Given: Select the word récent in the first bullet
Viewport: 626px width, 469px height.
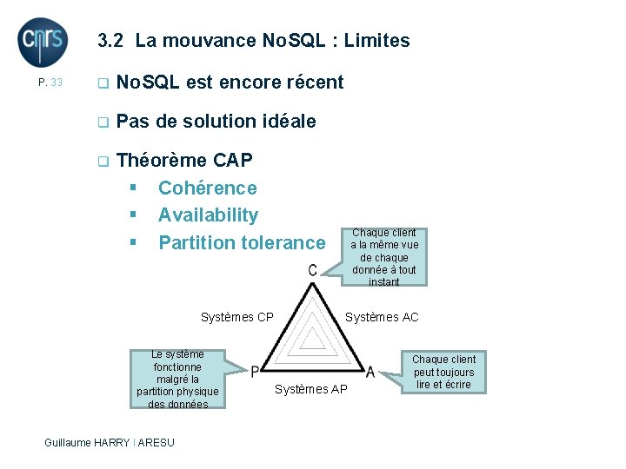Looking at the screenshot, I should pos(311,83).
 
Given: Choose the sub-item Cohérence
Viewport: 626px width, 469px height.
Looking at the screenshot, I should pos(207,188).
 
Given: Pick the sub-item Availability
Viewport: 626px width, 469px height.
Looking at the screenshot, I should pos(208,215).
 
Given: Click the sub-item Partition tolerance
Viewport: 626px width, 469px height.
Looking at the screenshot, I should pos(241,242).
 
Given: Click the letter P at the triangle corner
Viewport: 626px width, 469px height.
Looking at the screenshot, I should pos(255,372).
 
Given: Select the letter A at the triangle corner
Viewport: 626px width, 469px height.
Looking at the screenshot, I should pos(370,372).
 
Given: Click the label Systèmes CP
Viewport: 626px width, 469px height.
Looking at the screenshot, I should pos(236,317).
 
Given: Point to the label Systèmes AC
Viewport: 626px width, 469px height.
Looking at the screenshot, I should pos(382,317).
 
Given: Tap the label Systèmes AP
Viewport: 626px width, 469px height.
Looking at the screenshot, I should pos(310,389).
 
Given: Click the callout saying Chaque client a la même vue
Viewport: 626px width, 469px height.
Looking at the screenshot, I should pos(383,257).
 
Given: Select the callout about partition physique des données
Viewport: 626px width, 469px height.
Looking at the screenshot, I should pos(177,379).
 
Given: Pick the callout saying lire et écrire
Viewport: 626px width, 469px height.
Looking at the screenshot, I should pos(443,372).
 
